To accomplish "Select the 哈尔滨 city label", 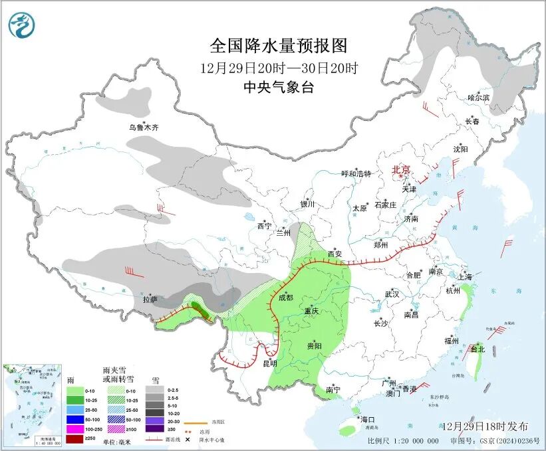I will coord(478,98).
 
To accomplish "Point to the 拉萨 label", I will coord(150,300).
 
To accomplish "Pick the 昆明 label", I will coord(269,363).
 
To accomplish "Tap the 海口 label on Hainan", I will coord(368,419).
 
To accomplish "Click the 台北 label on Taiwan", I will coord(478,349).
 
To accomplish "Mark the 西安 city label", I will coord(335,254).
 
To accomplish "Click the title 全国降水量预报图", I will coord(279,46).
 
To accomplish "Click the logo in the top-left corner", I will coord(21,26).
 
